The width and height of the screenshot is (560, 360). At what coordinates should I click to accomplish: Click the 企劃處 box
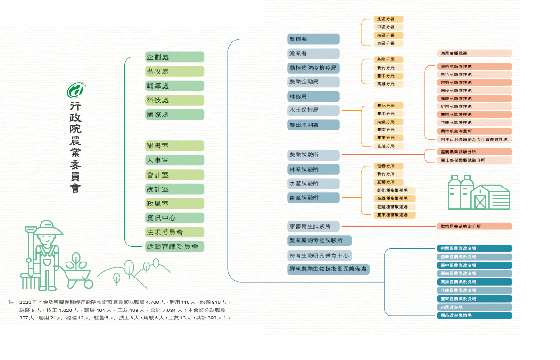coord(174,57)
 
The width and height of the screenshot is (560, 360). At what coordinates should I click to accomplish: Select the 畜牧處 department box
coord(174,71)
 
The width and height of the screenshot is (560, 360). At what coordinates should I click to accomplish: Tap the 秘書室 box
coord(174,146)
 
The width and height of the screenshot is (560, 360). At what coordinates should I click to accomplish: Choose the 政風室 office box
coord(174,204)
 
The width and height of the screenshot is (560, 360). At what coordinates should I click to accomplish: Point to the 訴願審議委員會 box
coord(174,246)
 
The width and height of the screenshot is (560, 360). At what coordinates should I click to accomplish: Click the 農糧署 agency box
coord(313,39)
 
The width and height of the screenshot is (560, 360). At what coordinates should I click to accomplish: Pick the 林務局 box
coord(313,97)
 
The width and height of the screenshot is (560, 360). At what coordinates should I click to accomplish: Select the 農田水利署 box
coord(313,125)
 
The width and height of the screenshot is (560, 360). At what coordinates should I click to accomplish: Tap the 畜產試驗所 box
coord(313,197)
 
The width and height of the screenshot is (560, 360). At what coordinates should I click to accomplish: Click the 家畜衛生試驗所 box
coord(313,227)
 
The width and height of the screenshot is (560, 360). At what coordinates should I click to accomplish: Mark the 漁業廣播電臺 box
coord(474,53)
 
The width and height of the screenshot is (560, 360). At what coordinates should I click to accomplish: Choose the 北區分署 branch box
coord(388,19)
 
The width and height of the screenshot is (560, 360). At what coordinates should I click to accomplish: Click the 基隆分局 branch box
coord(388,60)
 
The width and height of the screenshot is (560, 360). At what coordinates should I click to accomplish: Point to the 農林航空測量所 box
coord(474,131)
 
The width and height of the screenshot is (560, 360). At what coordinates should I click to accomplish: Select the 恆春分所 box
coord(388,166)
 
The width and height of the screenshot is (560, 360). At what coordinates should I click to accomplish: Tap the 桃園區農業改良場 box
coord(474,248)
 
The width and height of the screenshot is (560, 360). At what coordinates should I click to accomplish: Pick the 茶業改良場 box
coord(474,307)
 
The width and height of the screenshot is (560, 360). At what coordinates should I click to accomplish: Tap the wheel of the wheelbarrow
coord(88,283)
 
